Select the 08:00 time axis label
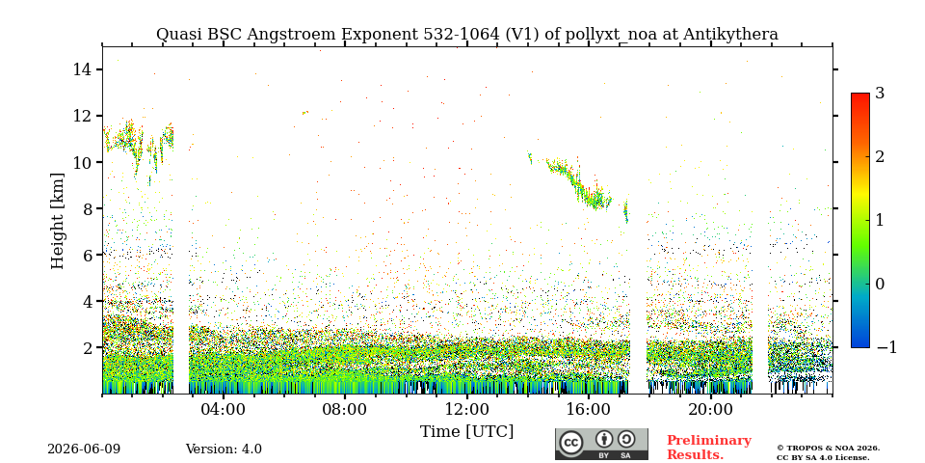[345, 409]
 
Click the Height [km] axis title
[57, 221]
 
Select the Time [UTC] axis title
[466, 432]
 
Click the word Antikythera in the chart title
[731, 35]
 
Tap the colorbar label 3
[881, 93]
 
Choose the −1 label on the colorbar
[886, 347]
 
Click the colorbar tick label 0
[881, 284]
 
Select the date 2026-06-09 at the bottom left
[84, 449]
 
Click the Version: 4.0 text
[224, 449]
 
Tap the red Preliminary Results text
[709, 448]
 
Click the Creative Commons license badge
[601, 444]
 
